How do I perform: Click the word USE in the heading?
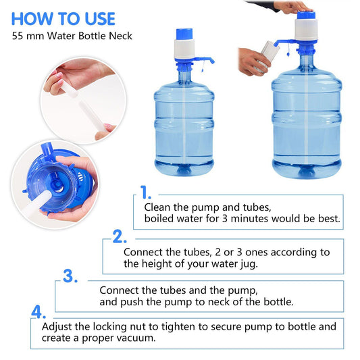pos(100,19)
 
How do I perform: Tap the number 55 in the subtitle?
pos(18,36)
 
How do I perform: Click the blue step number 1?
pos(146,192)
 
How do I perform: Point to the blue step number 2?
pos(120,236)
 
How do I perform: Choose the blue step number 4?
pos(38,311)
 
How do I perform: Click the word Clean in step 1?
pos(157,207)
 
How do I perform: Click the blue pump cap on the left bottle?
pos(184,34)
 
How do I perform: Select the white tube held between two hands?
pos(83,105)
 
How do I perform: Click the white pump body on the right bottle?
pos(306,30)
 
